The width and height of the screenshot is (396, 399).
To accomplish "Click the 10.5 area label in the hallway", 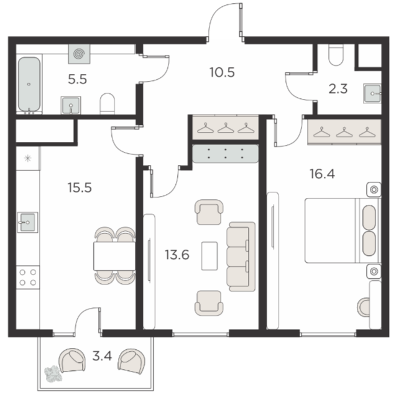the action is pyautogui.click(x=222, y=73).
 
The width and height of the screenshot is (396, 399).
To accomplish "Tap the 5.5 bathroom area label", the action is pyautogui.click(x=78, y=80).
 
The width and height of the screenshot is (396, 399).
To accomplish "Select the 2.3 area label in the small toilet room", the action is pyautogui.click(x=338, y=89).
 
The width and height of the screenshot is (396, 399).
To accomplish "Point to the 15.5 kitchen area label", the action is pyautogui.click(x=80, y=188).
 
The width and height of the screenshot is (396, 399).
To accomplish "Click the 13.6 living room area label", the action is pyautogui.click(x=177, y=255).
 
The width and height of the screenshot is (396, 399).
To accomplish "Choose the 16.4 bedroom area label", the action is pyautogui.click(x=322, y=174).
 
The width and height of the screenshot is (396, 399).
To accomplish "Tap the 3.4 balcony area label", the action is pyautogui.click(x=102, y=356).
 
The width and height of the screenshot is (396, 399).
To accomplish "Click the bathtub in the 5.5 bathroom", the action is pyautogui.click(x=29, y=84).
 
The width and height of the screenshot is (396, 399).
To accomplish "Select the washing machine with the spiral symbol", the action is pyautogui.click(x=79, y=54).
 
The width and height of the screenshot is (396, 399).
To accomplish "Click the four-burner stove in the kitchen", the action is pyautogui.click(x=28, y=278).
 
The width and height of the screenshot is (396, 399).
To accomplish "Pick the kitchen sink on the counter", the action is pyautogui.click(x=27, y=222).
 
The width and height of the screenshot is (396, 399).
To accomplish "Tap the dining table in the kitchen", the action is pyautogui.click(x=114, y=256).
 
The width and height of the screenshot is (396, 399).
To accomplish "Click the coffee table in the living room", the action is pyautogui.click(x=210, y=256).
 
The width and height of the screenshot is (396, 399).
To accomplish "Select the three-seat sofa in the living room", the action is pyautogui.click(x=241, y=256).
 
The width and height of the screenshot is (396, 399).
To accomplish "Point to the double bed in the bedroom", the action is pyautogui.click(x=343, y=230).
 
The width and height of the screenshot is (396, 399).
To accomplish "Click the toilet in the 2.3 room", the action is pyautogui.click(x=336, y=55).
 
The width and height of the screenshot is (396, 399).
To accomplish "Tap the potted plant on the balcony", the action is pyautogui.click(x=53, y=374).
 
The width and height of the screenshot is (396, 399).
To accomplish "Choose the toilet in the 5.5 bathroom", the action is pyautogui.click(x=108, y=103).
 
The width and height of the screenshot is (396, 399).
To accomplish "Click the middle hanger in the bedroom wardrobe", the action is pyautogui.click(x=344, y=132).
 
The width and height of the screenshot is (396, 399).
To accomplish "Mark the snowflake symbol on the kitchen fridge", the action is pyautogui.click(x=27, y=159).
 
